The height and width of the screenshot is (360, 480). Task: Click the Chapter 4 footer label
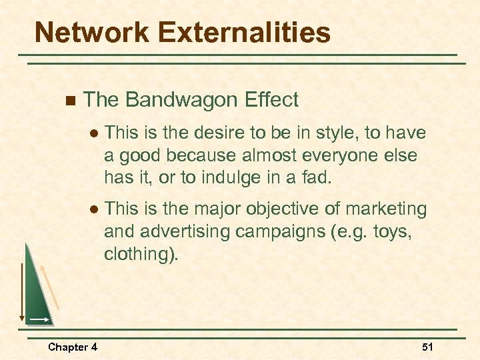(x=73, y=347)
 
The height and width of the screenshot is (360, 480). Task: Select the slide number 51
(x=427, y=347)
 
